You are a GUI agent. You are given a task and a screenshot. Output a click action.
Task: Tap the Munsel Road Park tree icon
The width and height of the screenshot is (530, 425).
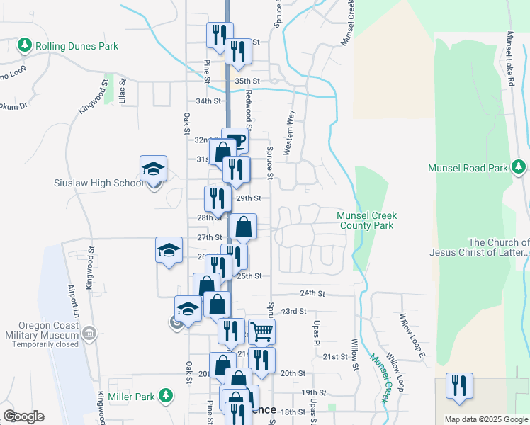point(519,168)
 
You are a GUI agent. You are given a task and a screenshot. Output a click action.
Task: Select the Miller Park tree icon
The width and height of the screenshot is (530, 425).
point(165,394)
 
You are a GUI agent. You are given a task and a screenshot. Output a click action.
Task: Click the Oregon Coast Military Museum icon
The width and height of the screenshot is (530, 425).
point(89,333)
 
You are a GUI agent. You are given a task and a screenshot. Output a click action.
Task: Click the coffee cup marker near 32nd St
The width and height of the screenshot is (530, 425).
point(235,140)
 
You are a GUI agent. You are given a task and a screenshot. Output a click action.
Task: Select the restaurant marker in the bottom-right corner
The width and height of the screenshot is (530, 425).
point(458,385)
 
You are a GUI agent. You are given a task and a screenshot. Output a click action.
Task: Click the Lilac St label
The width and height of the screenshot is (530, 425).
point(123,91)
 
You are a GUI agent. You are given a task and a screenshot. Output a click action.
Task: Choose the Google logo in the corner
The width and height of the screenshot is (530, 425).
point(23,416)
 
